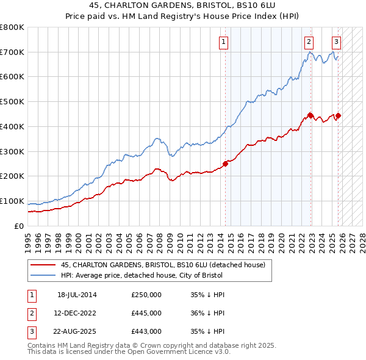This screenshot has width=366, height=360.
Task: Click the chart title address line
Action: click(x=183, y=5)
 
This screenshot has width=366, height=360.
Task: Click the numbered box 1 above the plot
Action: click(x=224, y=42)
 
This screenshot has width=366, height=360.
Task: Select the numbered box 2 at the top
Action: click(x=309, y=42)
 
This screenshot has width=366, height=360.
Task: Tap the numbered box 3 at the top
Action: click(x=336, y=42)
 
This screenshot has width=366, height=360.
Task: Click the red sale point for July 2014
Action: click(x=225, y=164)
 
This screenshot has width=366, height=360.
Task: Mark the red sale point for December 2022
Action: click(x=310, y=115)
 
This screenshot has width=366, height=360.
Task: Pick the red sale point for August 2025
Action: click(x=338, y=115)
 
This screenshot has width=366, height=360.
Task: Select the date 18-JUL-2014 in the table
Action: click(x=77, y=295)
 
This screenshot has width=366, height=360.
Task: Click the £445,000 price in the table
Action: click(x=146, y=313)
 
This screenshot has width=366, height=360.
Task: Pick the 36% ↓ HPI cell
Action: click(x=207, y=313)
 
